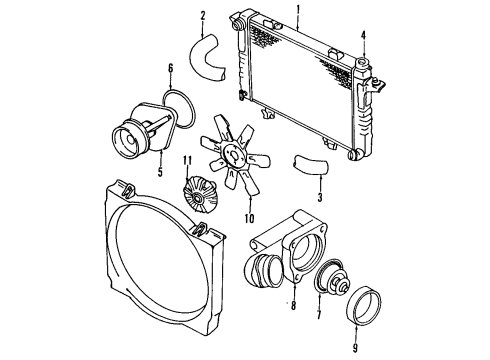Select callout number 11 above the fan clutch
click(187, 161)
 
